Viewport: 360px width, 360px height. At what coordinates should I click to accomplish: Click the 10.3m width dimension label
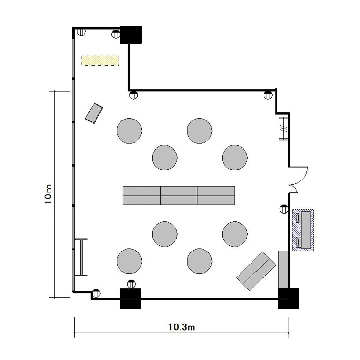tap(181, 327)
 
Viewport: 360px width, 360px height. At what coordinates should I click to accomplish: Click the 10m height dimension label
tap(48, 194)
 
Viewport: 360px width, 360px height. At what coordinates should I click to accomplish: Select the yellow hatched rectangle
tap(100, 60)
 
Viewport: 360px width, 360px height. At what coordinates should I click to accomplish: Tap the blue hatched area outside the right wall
tap(303, 230)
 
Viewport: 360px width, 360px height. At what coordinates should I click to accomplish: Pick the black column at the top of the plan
tap(131, 35)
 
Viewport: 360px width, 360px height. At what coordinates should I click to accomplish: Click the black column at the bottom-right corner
tap(288, 299)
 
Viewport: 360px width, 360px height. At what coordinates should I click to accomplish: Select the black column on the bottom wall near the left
tap(130, 299)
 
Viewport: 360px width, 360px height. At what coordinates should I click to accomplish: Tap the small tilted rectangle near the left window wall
tap(94, 113)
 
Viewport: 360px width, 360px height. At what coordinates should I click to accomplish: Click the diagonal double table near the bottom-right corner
tap(256, 271)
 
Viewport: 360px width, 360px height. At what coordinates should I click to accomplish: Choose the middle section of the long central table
tap(179, 196)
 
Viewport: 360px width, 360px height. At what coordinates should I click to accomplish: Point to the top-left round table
tap(129, 131)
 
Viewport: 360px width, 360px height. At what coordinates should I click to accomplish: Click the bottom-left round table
tap(129, 261)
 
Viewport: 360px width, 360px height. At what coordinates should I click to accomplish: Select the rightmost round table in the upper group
tap(235, 158)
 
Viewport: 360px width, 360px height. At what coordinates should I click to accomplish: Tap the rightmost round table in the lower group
tap(235, 234)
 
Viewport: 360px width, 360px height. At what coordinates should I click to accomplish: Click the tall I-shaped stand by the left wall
tap(82, 257)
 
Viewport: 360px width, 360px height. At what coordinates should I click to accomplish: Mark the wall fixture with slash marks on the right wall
tap(284, 128)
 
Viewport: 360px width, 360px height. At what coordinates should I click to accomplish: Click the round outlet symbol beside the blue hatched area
tap(284, 209)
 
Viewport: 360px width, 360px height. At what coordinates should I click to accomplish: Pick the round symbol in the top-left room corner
tap(81, 32)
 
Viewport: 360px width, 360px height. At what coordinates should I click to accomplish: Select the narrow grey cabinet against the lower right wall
tap(283, 270)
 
